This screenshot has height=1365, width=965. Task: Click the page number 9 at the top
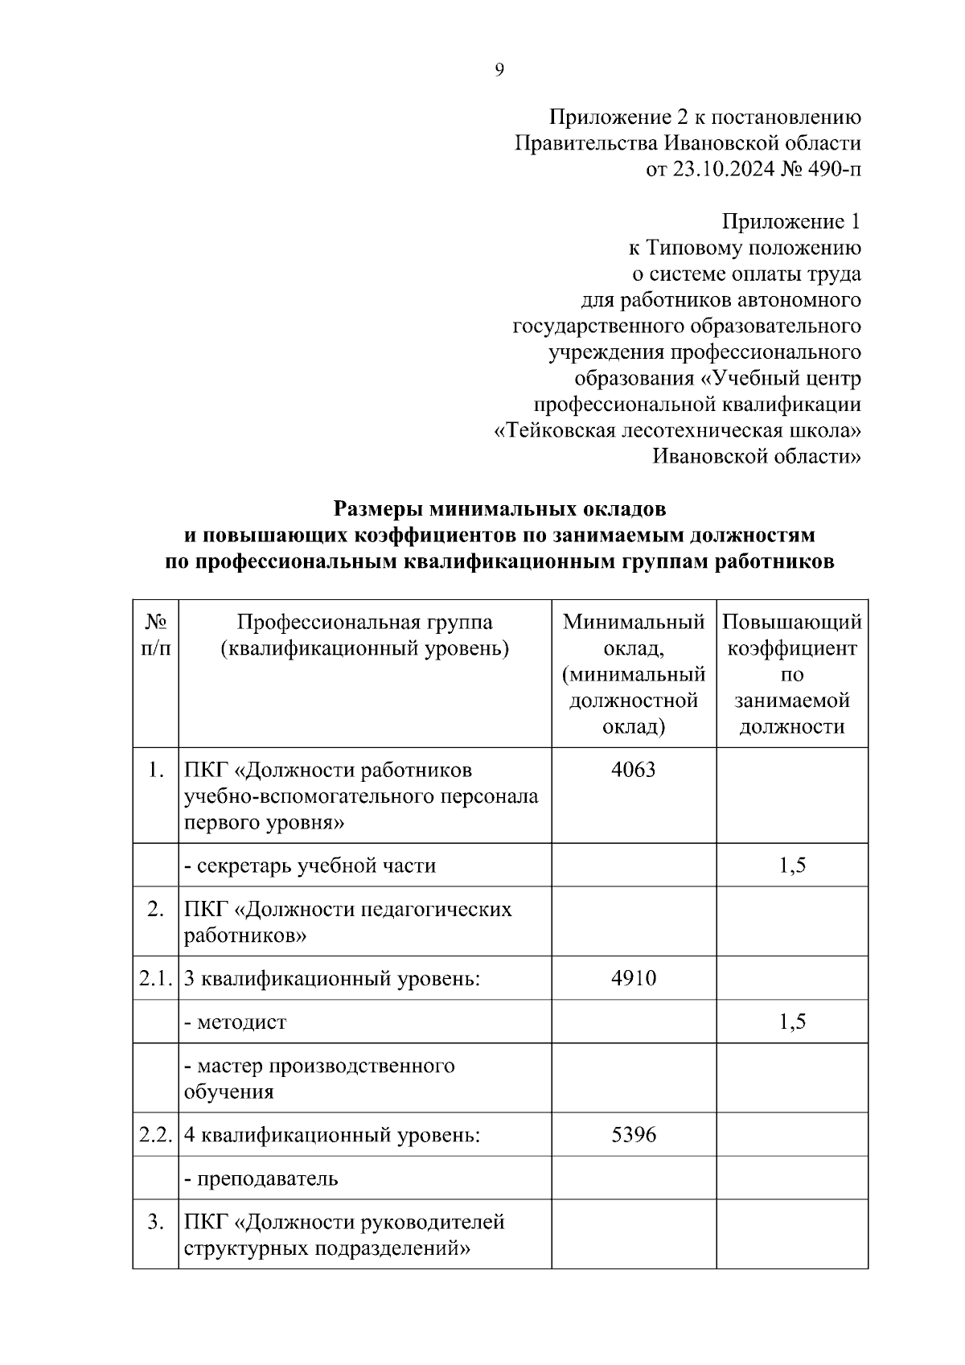coord(499,71)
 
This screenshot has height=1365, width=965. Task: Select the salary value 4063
coord(633,770)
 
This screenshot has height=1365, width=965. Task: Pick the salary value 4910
coord(633,978)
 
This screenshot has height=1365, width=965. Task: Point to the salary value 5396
coord(633,1135)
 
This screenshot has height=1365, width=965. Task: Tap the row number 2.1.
coord(155,978)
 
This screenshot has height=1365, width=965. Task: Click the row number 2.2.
coord(155,1135)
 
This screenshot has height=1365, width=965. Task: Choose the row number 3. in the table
coord(155,1222)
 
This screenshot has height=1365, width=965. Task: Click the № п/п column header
coord(155,635)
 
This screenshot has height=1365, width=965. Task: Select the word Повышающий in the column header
coord(791,622)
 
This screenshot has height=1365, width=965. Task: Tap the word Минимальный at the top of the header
coord(633,622)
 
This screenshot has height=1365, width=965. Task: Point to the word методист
coord(241,1022)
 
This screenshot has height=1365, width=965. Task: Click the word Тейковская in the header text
coord(555,430)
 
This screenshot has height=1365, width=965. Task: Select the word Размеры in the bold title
coord(378,509)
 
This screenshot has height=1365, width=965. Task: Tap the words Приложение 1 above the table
coord(791,221)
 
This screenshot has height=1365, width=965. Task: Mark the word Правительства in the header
coord(585,143)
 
